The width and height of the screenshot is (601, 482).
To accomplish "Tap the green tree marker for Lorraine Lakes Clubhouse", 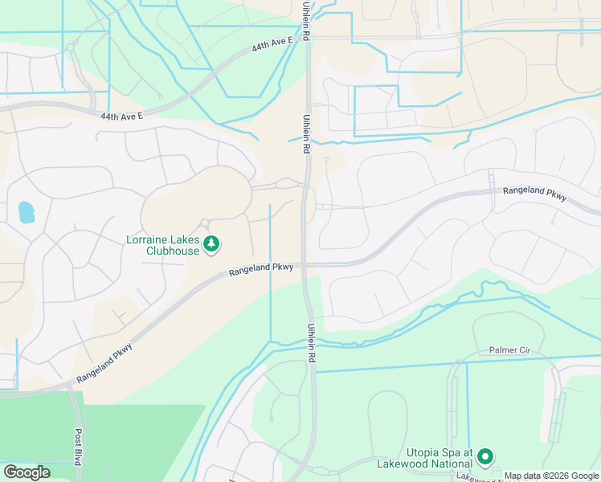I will (x=211, y=243).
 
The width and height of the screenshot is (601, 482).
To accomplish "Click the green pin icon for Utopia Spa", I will (x=484, y=457).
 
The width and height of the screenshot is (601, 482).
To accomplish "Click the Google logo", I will (x=27, y=472).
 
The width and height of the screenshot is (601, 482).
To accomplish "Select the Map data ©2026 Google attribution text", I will (x=551, y=475).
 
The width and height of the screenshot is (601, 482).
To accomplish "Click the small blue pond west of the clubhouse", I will (x=27, y=212).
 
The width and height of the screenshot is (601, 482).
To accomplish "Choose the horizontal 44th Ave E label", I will (x=121, y=116).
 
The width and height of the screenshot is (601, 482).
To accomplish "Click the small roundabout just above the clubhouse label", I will (x=205, y=223).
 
